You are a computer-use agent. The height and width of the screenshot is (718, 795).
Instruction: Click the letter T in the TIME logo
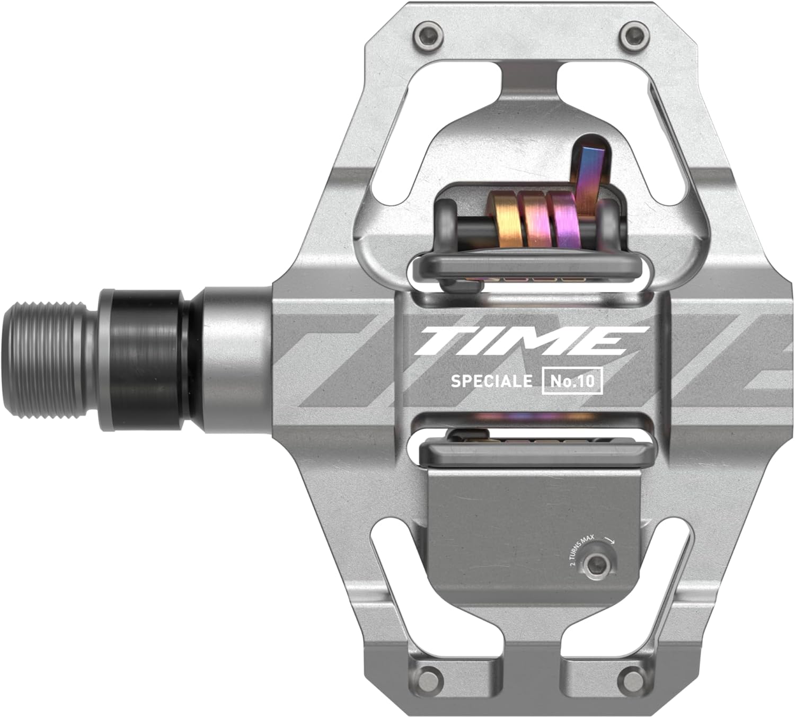443,341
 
